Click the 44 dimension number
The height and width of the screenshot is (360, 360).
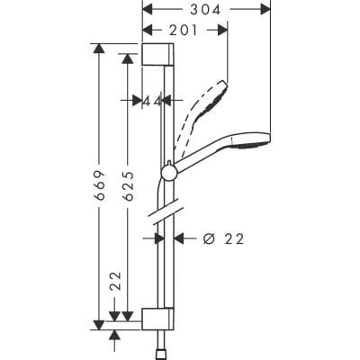151,100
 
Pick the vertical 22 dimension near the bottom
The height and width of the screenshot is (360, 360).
114,286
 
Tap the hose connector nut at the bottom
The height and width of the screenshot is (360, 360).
164,347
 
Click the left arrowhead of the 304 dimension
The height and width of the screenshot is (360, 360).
146,8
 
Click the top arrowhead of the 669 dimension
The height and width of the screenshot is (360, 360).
94,45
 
